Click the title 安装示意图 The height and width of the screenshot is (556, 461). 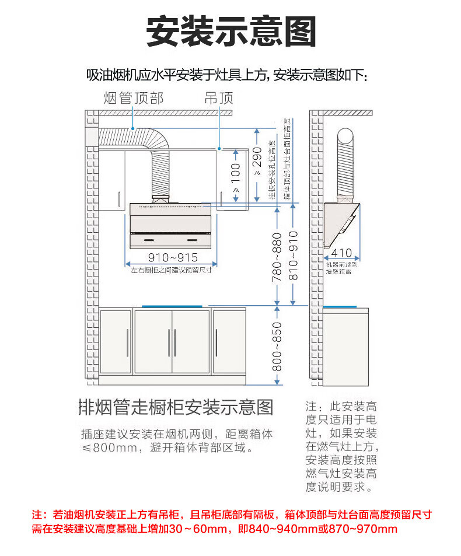click(x=230, y=30)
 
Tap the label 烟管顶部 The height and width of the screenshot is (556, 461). click(x=134, y=97)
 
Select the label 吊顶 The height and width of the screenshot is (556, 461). click(x=219, y=97)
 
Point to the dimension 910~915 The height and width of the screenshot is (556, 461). click(x=172, y=257)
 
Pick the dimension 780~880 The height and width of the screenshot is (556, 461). click(x=278, y=257)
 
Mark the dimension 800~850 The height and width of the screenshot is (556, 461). click(x=278, y=347)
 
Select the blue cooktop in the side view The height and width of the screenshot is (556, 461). click(x=341, y=306)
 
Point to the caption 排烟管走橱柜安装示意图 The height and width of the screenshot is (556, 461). click(x=176, y=407)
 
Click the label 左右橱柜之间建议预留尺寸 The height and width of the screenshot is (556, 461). click(x=170, y=271)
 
